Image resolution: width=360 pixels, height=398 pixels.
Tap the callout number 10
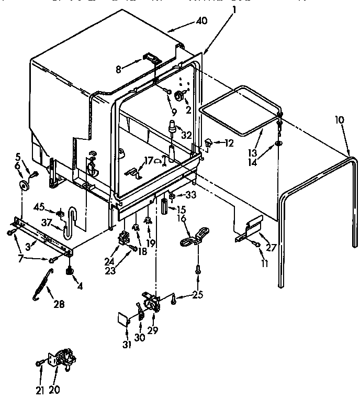(x=340, y=120)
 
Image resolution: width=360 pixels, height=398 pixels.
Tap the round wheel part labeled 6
(x=24, y=185)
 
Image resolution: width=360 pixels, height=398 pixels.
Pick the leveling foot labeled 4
(x=68, y=271)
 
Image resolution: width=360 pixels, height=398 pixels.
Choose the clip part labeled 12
(x=209, y=141)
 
